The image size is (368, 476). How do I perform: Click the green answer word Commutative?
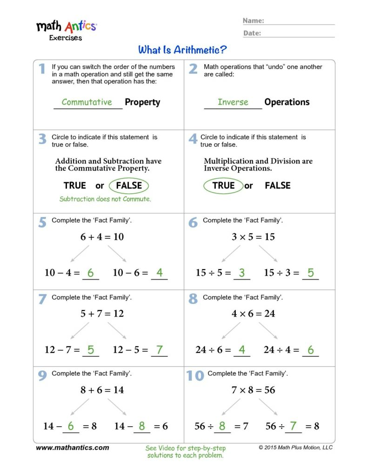(x=87, y=102)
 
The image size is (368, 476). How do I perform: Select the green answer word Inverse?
(x=233, y=102)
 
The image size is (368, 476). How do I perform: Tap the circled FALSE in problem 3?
(x=129, y=185)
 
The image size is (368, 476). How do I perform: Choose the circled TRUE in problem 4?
(x=223, y=185)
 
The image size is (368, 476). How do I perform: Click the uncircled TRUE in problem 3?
(x=75, y=185)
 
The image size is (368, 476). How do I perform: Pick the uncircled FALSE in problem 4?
(x=277, y=185)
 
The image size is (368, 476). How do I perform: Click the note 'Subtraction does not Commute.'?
(x=106, y=199)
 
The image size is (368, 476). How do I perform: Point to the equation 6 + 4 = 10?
(x=102, y=237)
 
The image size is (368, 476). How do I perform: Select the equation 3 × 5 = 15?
(x=253, y=237)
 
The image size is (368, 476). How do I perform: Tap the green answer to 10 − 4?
(x=90, y=273)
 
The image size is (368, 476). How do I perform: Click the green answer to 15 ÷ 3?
(x=310, y=273)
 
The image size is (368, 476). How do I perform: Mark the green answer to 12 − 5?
(x=159, y=350)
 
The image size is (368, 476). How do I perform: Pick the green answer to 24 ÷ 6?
(x=241, y=350)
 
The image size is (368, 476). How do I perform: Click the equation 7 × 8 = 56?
(x=253, y=390)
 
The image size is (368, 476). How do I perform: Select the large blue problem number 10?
(x=195, y=376)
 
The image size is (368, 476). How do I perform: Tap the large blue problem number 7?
(x=42, y=299)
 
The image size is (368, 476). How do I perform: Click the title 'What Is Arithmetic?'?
(x=182, y=49)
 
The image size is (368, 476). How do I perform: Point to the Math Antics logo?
(x=67, y=29)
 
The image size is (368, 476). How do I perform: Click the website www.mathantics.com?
(x=73, y=448)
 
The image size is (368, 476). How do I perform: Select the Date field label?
(x=252, y=33)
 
